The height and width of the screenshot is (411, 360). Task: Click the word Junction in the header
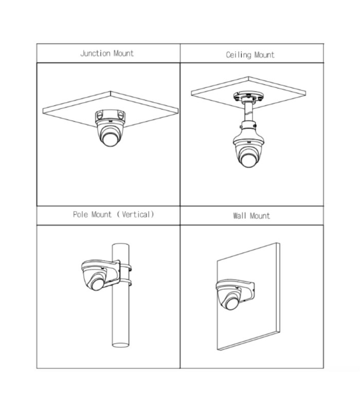point(95,53)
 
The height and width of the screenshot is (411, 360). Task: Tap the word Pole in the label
point(80,214)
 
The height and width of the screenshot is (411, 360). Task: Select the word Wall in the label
point(240,216)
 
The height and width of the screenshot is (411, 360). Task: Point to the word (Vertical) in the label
point(135,214)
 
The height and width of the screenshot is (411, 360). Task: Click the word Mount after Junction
point(123,53)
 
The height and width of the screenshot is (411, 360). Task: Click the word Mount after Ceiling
point(264,55)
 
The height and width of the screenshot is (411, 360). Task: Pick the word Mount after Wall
point(260,216)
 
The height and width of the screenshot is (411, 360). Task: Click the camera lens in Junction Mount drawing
point(110,139)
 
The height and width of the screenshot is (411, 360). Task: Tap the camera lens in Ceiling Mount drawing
point(248,160)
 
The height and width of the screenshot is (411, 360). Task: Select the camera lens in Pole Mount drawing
point(97,284)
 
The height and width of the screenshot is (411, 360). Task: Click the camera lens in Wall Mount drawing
point(231,303)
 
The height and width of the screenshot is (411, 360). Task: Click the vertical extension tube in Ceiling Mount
point(248,112)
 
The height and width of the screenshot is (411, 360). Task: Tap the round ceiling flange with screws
point(248,97)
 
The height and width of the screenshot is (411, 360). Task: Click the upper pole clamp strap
point(127,268)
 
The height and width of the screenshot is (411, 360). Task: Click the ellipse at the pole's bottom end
point(120,345)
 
